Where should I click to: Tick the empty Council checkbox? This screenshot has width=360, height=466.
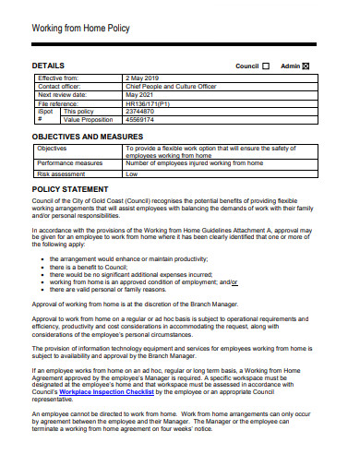click(x=266, y=66)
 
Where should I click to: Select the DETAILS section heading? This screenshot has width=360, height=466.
click(x=48, y=66)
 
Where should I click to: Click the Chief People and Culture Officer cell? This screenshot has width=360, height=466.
click(x=171, y=87)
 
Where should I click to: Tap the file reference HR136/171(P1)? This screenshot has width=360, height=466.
click(x=152, y=102)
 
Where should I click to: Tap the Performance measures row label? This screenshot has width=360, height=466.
click(x=70, y=162)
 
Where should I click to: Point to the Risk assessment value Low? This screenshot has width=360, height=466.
click(x=131, y=173)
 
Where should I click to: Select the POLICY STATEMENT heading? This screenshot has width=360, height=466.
click(x=71, y=189)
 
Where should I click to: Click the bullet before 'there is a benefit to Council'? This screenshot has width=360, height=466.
click(x=42, y=267)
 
